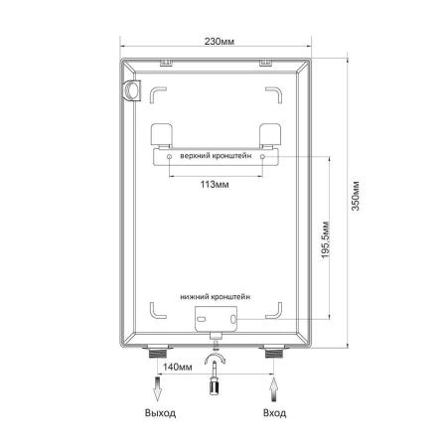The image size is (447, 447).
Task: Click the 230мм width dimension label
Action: (219, 42)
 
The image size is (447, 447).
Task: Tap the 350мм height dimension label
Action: (356, 196)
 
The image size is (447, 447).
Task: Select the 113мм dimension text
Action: (215, 184)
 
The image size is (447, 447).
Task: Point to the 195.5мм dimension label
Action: (326, 239)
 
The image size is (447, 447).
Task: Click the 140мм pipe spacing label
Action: (177, 367)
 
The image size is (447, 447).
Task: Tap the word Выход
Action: (160, 413)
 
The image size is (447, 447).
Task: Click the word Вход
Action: (274, 413)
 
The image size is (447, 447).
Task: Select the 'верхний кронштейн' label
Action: (216, 156)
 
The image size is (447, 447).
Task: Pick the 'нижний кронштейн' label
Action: (216, 297)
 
